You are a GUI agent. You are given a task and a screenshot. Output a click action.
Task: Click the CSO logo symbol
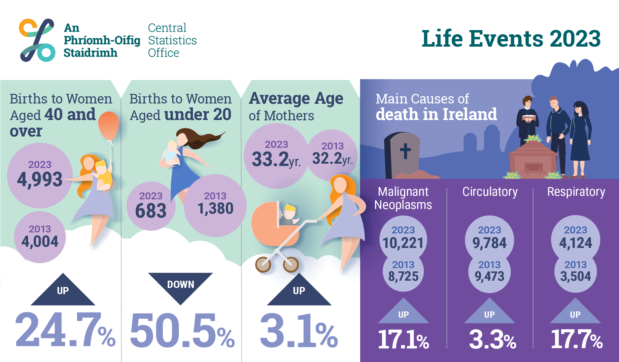click(x=37, y=40)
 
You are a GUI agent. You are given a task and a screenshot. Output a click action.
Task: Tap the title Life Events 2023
click(x=511, y=39)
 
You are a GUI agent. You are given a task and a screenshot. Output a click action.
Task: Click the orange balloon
click(x=109, y=126)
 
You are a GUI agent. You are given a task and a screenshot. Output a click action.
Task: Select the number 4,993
click(x=40, y=180)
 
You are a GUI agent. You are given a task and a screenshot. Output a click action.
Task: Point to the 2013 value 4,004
click(x=40, y=241)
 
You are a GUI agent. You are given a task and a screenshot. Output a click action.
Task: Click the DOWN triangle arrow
click(x=180, y=286)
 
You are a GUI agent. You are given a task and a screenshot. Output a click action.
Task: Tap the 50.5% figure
click(x=182, y=331)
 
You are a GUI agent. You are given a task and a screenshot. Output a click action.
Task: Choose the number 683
click(x=151, y=211)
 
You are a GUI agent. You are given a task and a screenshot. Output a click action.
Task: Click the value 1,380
click(x=215, y=209)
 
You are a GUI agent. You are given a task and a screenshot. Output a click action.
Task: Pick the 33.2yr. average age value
click(x=276, y=159)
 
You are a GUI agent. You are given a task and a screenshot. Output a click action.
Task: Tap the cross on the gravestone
click(x=405, y=151)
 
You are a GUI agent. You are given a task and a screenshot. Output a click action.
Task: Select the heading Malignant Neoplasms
click(x=403, y=198)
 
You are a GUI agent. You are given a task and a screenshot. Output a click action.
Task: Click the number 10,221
click(x=403, y=243)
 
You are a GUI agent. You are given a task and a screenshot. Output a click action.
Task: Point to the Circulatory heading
click(x=490, y=192)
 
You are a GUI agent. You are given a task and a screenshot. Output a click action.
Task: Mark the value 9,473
click(x=490, y=276)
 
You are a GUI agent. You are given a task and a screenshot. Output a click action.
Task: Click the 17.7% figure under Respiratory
click(x=576, y=339)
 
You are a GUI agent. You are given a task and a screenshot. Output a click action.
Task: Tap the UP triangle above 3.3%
click(x=489, y=312)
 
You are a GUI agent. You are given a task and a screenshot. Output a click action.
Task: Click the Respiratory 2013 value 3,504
click(x=575, y=276)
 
